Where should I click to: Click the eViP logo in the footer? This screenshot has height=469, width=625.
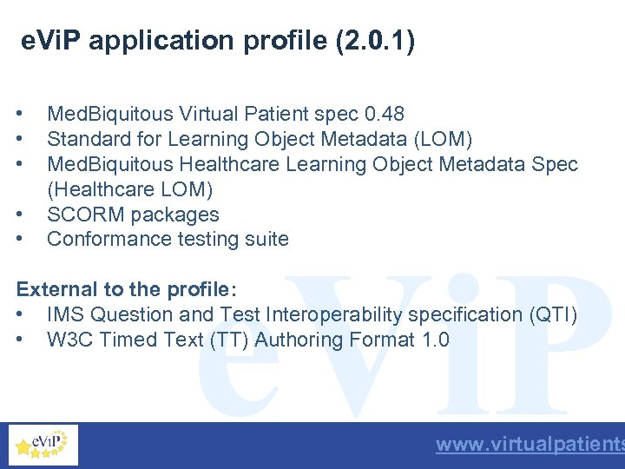pos(43,445)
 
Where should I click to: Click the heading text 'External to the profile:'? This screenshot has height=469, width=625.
pos(127,289)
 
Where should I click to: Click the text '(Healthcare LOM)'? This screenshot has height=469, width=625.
pos(129,188)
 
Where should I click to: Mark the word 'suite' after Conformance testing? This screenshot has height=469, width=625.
pos(268,239)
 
